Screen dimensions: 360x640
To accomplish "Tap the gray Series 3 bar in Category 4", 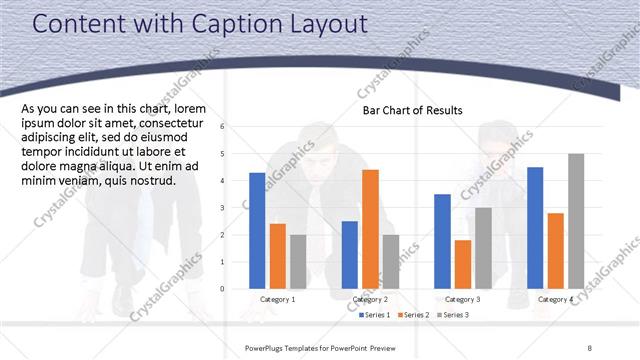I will click(x=576, y=221).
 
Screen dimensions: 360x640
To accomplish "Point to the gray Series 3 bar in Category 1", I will click(x=298, y=262).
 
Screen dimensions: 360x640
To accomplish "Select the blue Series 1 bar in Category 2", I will click(x=349, y=255).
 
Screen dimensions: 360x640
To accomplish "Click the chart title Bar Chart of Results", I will click(x=413, y=110).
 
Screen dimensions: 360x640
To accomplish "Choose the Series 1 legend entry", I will click(x=375, y=315).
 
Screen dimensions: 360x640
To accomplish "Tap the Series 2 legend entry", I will click(x=414, y=315).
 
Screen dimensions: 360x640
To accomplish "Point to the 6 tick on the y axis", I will click(x=236, y=126).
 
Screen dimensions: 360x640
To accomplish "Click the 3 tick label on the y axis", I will click(x=236, y=207).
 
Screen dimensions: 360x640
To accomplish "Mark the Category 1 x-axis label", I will click(x=278, y=300).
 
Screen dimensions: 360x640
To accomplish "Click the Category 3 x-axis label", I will click(x=462, y=300).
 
